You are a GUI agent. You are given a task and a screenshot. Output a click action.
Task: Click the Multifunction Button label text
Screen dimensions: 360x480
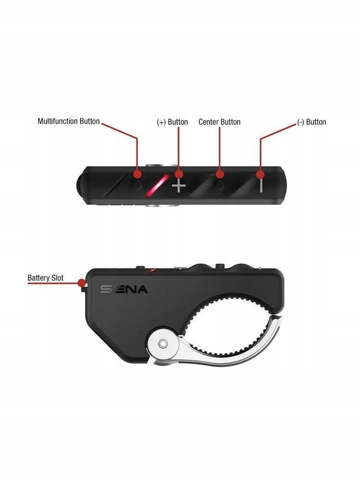point(68,121)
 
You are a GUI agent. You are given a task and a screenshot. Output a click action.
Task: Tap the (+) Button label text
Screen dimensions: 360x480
point(172,122)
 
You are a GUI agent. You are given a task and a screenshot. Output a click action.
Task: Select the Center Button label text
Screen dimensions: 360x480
point(219,122)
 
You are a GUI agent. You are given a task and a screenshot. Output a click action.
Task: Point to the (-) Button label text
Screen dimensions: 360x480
point(311,122)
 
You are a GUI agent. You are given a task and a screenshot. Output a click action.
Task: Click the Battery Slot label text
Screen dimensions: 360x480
point(45,278)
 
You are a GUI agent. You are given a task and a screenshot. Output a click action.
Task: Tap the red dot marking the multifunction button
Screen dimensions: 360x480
point(137,174)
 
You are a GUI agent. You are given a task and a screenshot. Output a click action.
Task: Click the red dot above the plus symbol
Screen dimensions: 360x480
point(179,174)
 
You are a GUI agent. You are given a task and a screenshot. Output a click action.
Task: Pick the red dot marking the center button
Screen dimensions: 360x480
point(220,174)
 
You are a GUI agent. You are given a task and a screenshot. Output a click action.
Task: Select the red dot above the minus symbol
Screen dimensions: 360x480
point(260,174)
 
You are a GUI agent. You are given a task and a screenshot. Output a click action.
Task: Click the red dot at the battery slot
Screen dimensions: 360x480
point(81,283)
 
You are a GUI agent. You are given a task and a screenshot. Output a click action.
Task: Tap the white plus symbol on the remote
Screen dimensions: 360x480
point(179,186)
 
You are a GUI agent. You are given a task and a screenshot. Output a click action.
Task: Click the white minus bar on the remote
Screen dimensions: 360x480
point(261,185)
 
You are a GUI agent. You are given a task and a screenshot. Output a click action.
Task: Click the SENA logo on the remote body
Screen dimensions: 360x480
point(124,289)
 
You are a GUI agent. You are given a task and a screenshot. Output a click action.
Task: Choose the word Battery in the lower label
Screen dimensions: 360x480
point(37,278)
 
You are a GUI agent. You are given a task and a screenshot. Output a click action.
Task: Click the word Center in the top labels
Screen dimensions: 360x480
point(208,122)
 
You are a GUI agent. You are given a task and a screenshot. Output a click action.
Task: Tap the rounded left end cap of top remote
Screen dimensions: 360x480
point(80,185)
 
